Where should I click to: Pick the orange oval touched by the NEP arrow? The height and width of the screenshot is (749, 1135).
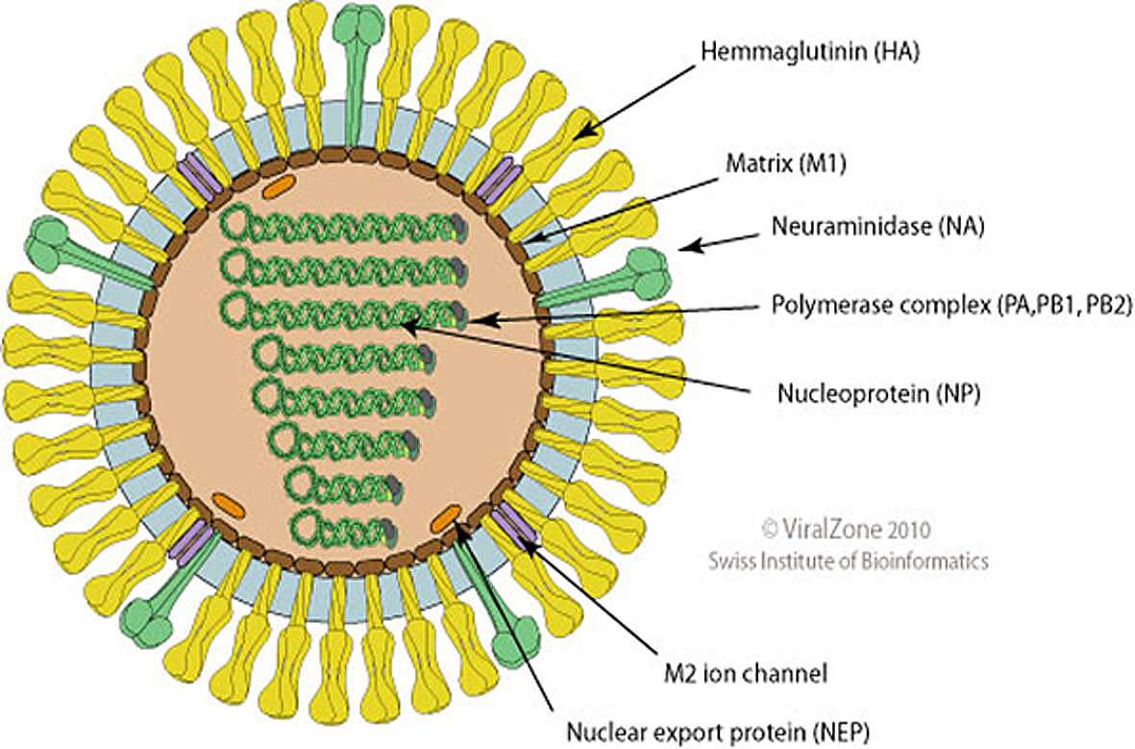pyautogui.click(x=445, y=521)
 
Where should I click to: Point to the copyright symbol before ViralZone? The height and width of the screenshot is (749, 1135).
pyautogui.click(x=769, y=529)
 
